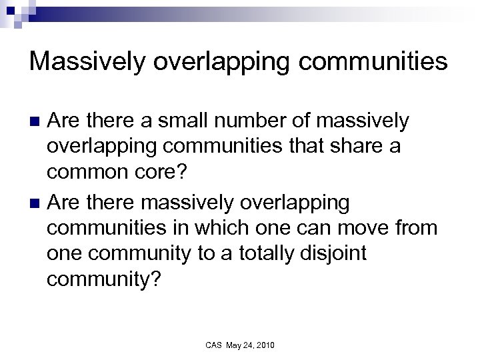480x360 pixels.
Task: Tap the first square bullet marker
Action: pos(37,121)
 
